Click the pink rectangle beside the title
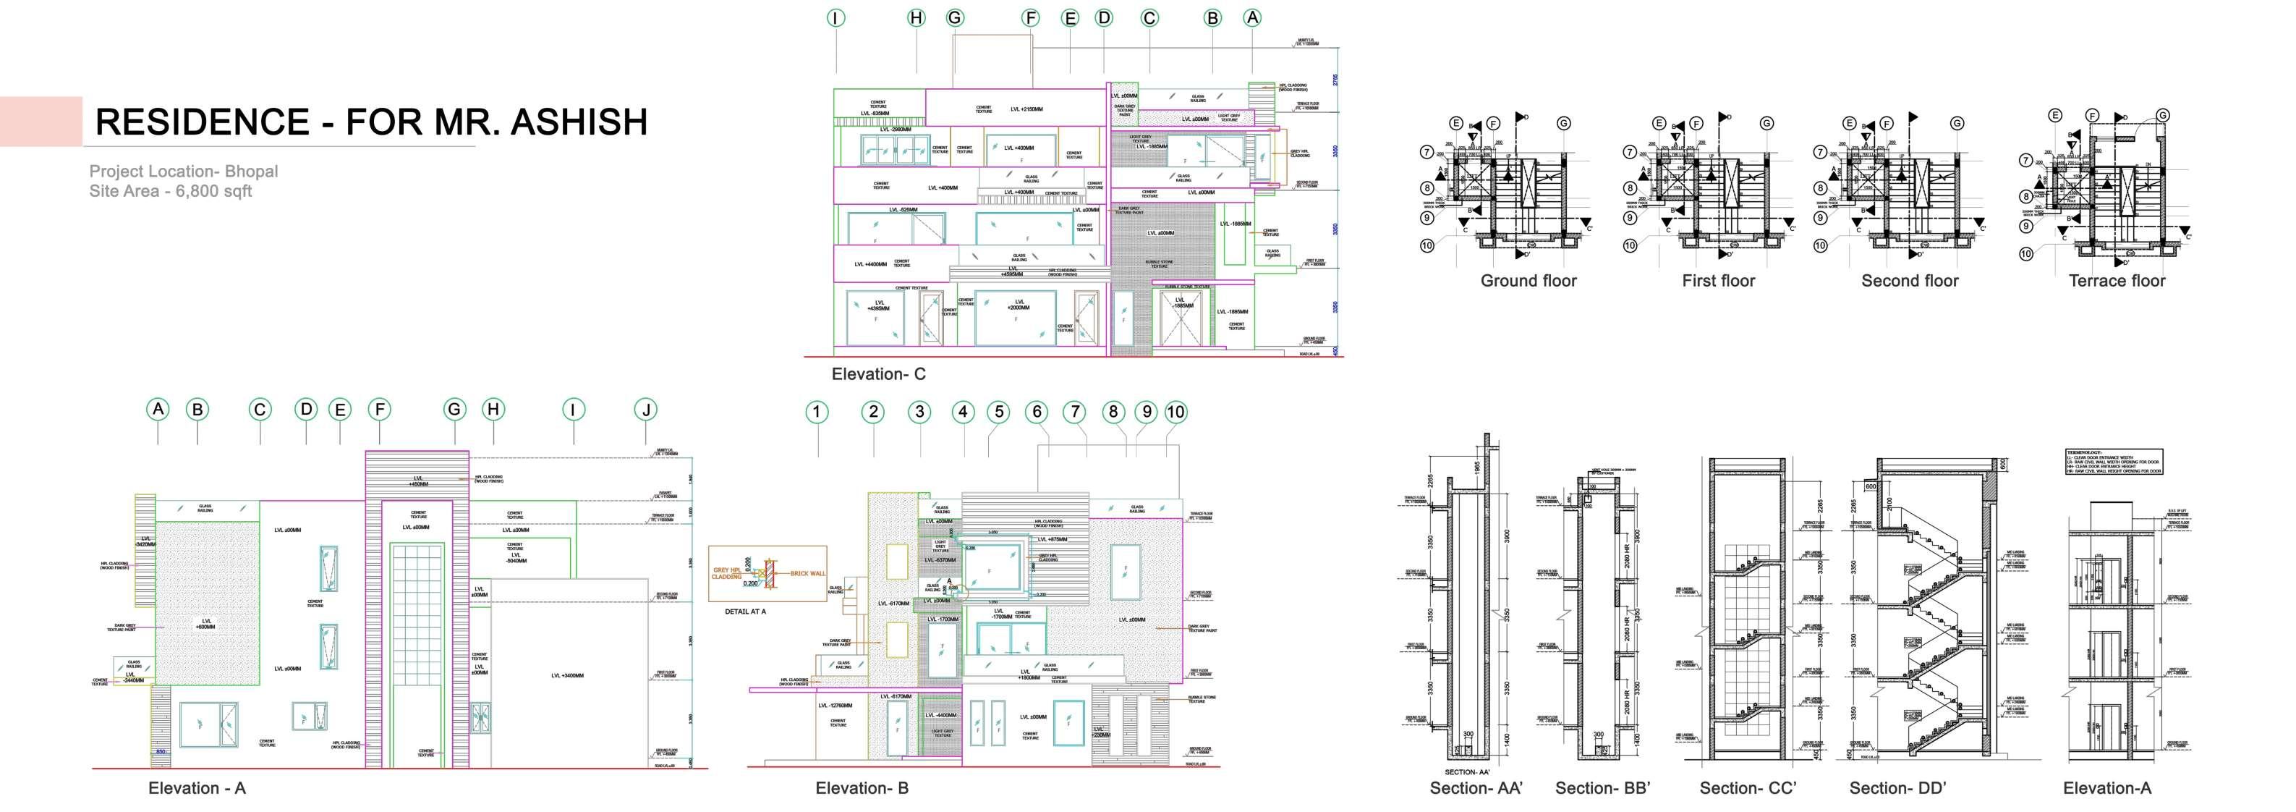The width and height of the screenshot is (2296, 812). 41,121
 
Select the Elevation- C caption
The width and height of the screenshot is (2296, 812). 878,374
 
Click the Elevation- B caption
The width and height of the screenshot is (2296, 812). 862,788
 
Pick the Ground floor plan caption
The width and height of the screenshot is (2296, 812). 1528,281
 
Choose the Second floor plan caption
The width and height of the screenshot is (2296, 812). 1909,281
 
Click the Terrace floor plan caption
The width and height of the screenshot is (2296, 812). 2116,281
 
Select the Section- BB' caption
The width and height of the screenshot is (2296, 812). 1602,788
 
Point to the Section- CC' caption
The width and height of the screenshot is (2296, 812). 1747,788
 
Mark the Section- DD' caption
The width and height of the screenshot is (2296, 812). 1897,788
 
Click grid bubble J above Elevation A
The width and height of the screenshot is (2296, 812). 646,410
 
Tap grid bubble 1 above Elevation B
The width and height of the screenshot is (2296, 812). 817,412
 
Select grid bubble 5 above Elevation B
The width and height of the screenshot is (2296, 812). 999,412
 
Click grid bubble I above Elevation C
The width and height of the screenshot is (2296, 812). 836,18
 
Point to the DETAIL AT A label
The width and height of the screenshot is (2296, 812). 745,612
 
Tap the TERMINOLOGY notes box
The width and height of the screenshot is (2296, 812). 2113,462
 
